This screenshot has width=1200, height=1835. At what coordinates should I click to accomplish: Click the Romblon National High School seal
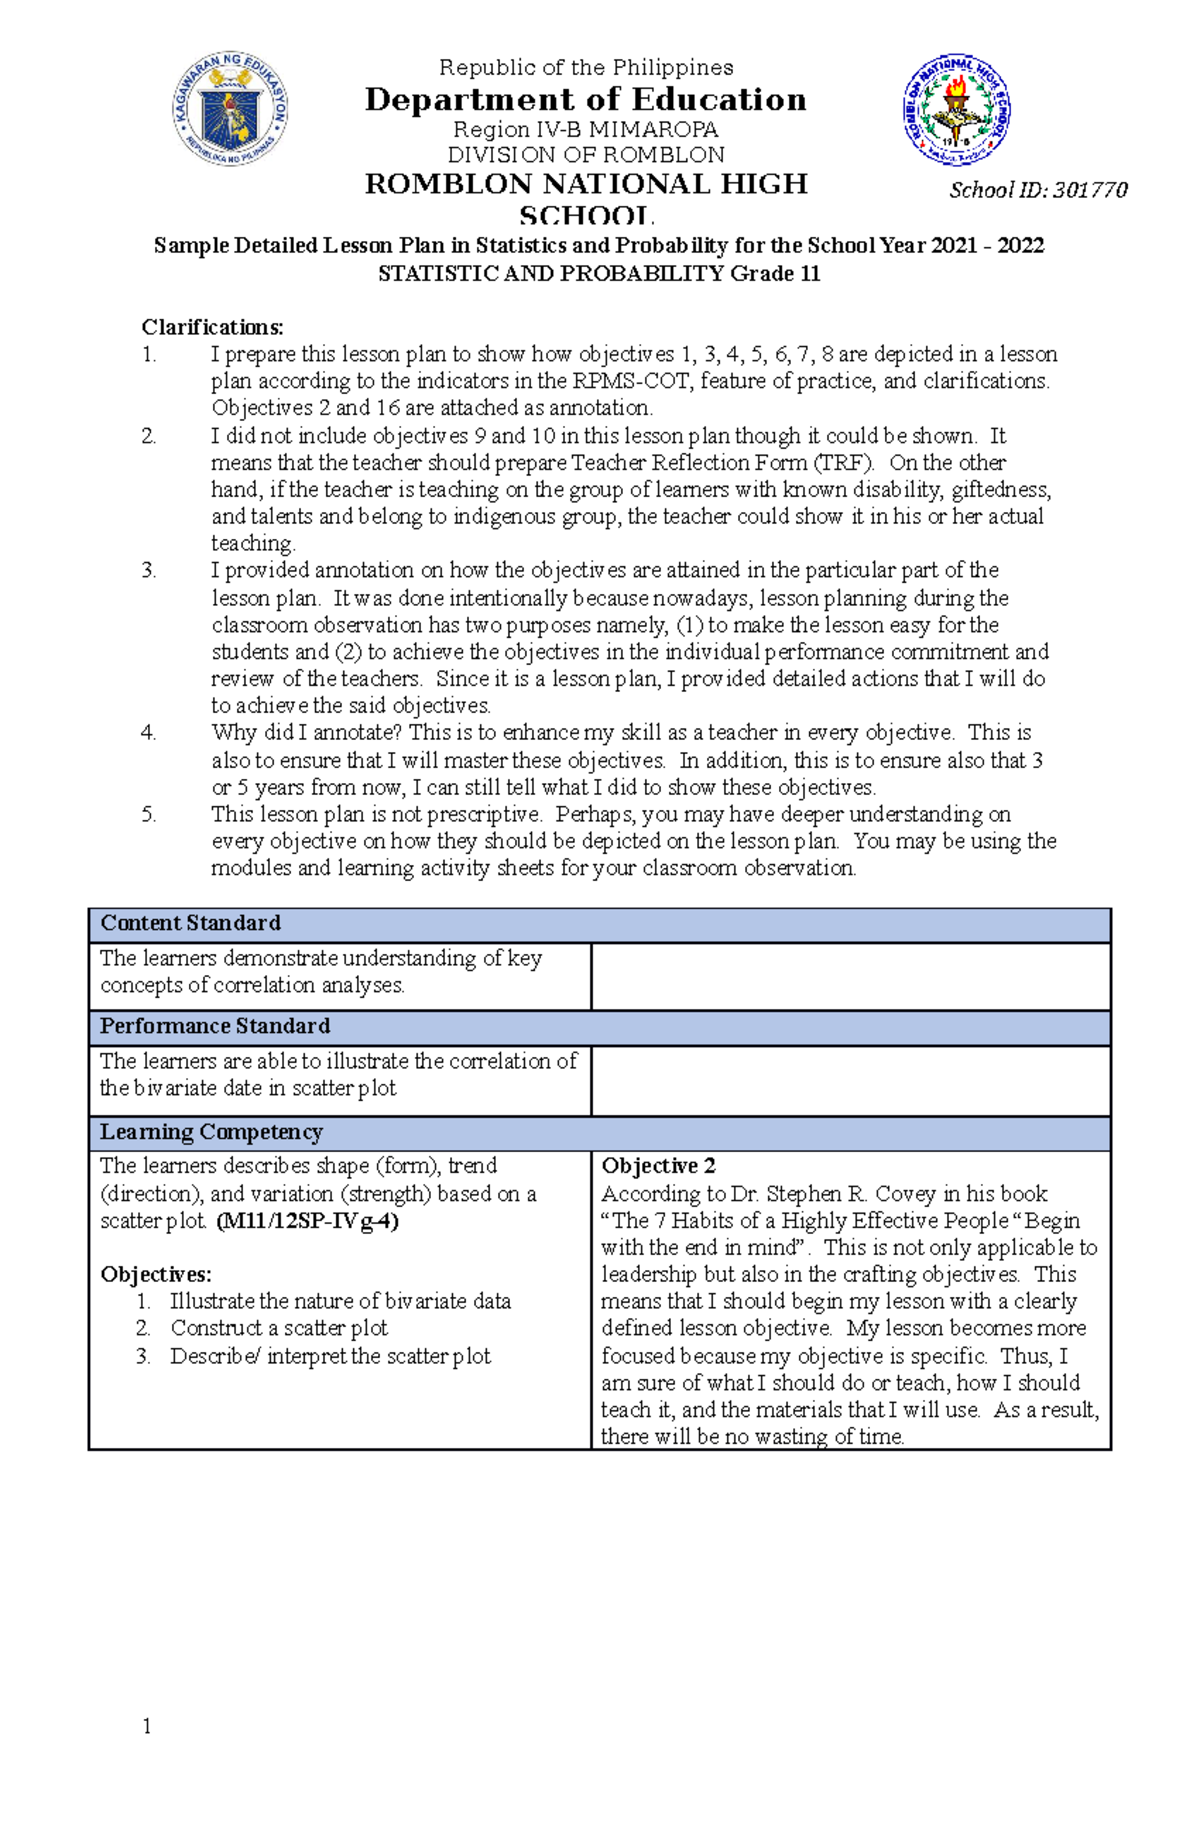tap(957, 110)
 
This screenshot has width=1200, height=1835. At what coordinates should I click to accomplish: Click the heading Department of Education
tap(585, 99)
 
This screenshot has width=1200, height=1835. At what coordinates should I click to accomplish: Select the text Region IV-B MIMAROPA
tap(585, 129)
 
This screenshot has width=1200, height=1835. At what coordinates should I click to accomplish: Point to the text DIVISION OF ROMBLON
tap(585, 155)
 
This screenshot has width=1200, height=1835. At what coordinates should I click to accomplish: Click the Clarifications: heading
tap(212, 327)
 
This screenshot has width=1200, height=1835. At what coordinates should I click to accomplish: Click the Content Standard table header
tap(190, 923)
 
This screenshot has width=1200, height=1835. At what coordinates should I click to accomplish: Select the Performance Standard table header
tap(214, 1026)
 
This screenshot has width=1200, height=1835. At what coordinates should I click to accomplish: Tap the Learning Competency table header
tap(211, 1132)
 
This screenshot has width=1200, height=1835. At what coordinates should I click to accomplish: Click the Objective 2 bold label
tap(658, 1166)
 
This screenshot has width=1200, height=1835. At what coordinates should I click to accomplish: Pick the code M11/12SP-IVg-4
tap(307, 1221)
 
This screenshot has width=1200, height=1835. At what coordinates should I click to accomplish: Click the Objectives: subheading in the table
tap(156, 1274)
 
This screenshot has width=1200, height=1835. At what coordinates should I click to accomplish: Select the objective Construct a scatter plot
tap(278, 1328)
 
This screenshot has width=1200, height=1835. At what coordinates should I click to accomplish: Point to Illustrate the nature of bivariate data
tap(340, 1301)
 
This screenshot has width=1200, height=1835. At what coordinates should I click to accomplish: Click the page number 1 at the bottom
tap(147, 1726)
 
